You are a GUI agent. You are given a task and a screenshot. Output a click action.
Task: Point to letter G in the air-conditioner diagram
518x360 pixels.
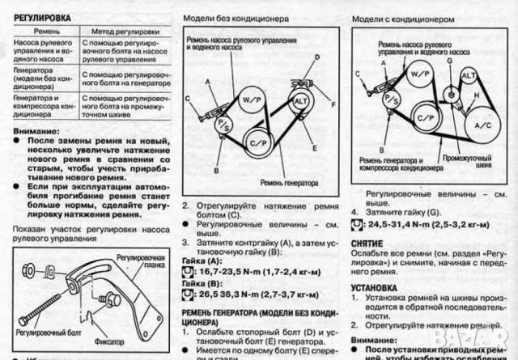click(x=448, y=60)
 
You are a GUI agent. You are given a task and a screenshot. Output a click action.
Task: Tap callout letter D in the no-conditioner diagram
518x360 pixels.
click(x=317, y=57)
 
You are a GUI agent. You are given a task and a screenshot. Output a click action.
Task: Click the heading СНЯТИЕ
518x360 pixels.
click(x=367, y=243)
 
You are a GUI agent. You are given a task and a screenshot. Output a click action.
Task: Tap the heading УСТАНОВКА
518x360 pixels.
click(x=377, y=286)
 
